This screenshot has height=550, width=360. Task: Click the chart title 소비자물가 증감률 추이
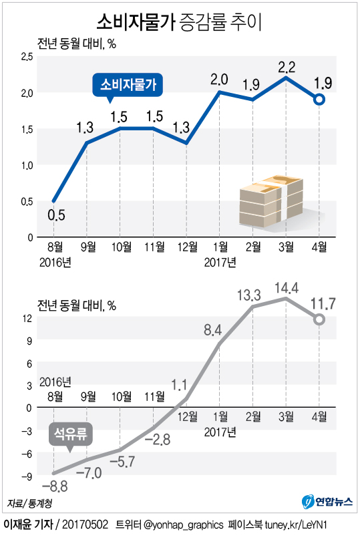[x=179, y=21]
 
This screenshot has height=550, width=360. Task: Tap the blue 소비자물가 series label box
[x=128, y=85]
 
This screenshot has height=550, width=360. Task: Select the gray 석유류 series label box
[x=71, y=435]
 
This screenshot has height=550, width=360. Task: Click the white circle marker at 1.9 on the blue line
[x=320, y=100]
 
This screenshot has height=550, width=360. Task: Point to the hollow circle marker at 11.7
[x=320, y=319]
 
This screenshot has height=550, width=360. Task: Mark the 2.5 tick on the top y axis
[x=27, y=57]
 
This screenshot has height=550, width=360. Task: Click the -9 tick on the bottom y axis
[x=27, y=476]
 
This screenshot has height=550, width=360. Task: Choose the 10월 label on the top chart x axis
[x=120, y=247]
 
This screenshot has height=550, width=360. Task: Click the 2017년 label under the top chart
[x=220, y=261]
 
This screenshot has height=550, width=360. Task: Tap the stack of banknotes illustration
[x=271, y=200]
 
